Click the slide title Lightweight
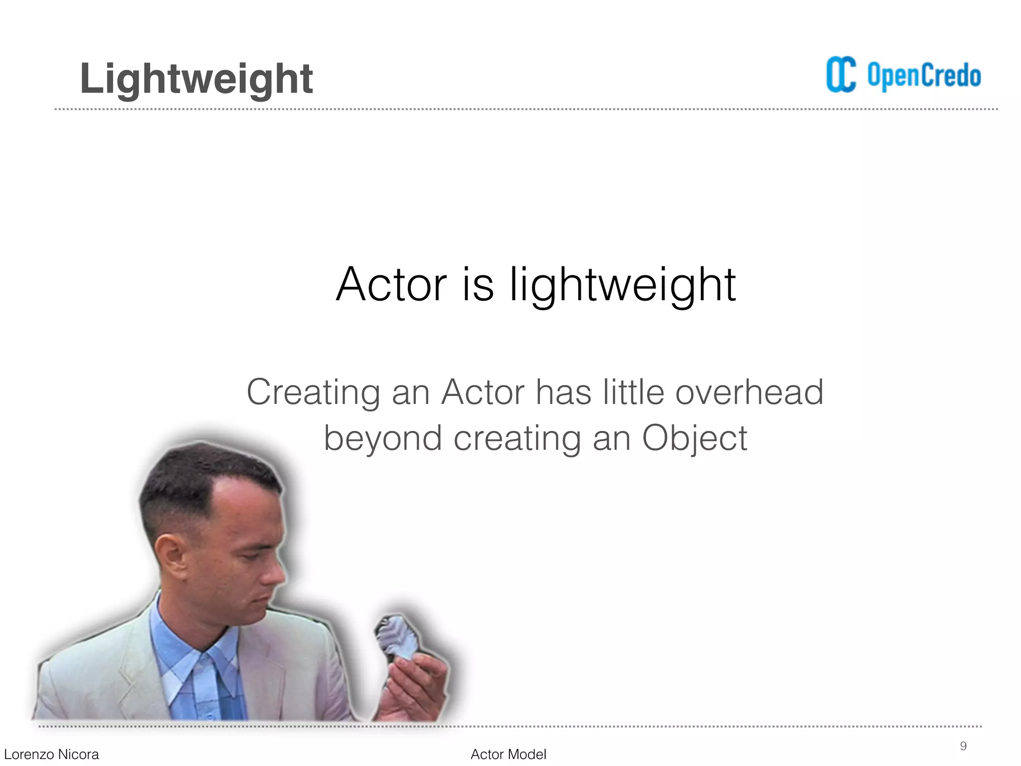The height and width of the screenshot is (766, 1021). pos(196,79)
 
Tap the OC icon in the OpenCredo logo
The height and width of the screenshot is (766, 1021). pos(841,75)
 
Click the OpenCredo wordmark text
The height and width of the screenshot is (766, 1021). pos(924,76)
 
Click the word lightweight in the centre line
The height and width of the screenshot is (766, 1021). pos(622,285)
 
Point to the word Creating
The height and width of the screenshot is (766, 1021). pos(313,392)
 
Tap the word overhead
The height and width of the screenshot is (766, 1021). pos(749,392)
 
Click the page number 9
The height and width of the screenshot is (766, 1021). pos(963,746)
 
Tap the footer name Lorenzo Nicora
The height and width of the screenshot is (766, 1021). pos(51,755)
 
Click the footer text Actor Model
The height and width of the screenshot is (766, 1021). pos(508,755)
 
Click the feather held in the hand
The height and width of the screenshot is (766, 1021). pos(396,638)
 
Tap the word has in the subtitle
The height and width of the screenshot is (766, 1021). pos(563,392)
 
